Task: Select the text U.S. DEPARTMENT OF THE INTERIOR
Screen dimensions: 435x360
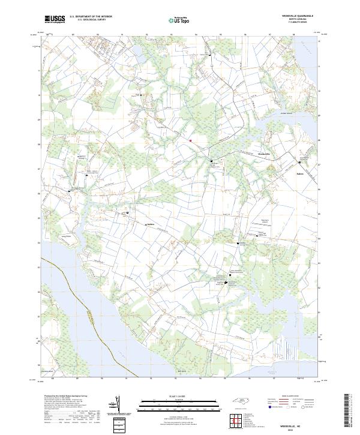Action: pos(91,17)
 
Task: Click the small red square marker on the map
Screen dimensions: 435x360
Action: pos(190,141)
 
